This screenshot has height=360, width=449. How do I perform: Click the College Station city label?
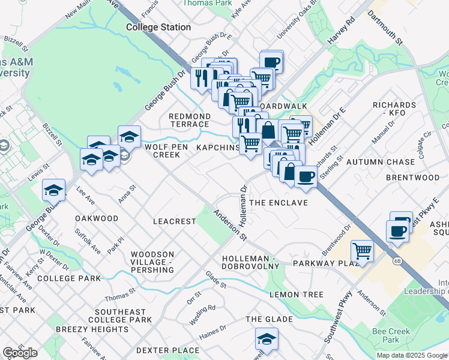[158, 27]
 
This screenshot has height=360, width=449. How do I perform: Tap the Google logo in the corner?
[20, 353]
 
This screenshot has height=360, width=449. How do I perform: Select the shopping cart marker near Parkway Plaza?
[362, 250]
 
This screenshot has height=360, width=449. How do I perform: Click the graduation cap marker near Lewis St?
[53, 190]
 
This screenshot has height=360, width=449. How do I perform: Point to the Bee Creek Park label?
[390, 335]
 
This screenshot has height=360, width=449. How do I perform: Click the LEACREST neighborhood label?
[175, 221]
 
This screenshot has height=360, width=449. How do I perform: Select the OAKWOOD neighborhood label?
[97, 218]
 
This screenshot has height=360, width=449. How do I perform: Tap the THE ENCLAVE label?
[279, 203]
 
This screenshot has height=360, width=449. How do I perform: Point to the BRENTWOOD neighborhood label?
[412, 178]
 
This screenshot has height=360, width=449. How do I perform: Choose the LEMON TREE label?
[297, 295]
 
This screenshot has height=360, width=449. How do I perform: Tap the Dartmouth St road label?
[391, 28]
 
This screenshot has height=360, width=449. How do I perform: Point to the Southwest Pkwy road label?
[337, 317]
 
